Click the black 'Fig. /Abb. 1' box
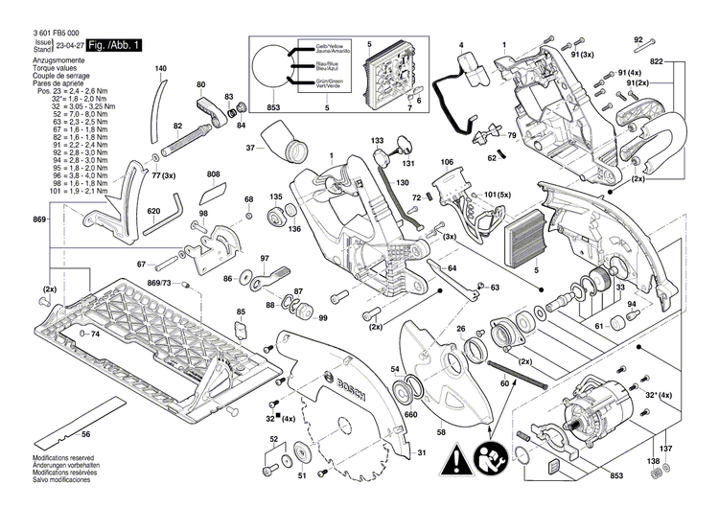pyautogui.click(x=115, y=45)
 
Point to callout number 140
pyautogui.click(x=161, y=69)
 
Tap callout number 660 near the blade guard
pyautogui.click(x=410, y=415)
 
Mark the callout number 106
pyautogui.click(x=447, y=163)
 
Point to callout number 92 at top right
pyautogui.click(x=638, y=39)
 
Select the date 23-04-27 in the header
pyautogui.click(x=69, y=45)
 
